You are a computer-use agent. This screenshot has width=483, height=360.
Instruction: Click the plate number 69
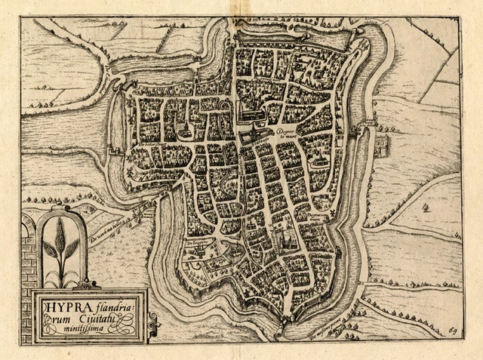(x=451, y=331)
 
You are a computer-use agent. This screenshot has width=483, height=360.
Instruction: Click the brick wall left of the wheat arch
(x=29, y=257)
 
